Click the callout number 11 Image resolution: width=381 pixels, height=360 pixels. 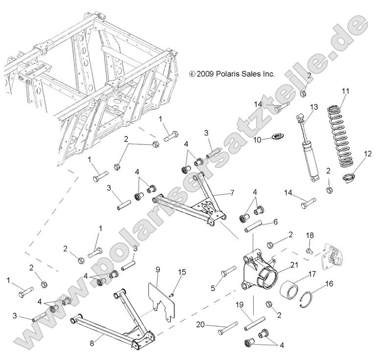click(345, 91)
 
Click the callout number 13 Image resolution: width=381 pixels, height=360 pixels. click(314, 107)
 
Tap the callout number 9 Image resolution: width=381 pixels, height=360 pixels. click(158, 269)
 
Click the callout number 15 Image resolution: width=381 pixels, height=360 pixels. click(182, 272)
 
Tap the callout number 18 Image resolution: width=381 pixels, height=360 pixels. click(309, 236)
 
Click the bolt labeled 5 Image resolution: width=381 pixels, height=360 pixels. click(228, 272)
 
